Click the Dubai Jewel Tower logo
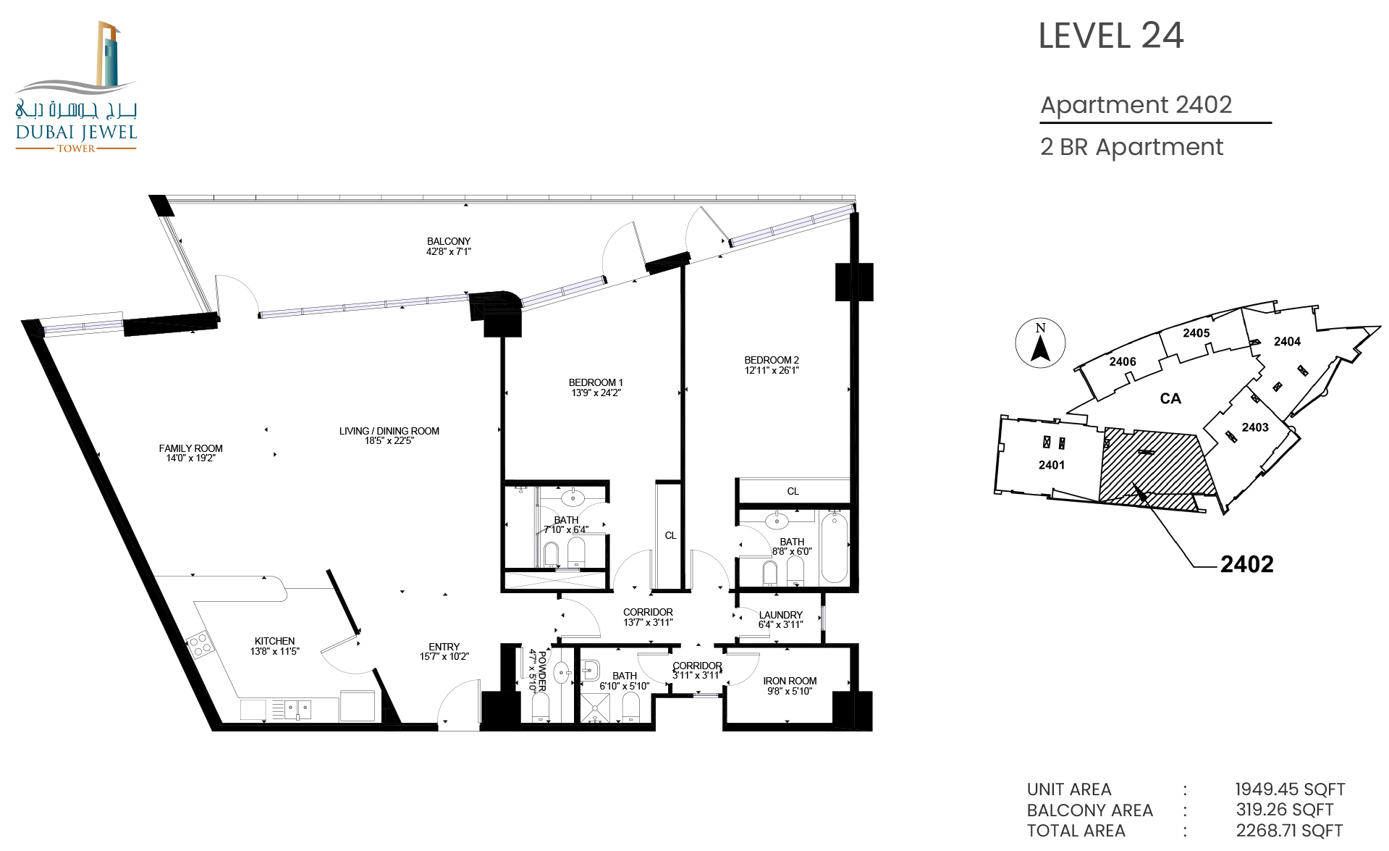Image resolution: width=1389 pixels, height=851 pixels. [x=76, y=87]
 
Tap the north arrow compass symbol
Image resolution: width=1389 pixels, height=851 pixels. [x=1040, y=343]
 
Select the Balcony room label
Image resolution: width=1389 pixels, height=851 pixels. [x=449, y=241]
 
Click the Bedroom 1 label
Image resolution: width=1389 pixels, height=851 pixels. [x=596, y=382]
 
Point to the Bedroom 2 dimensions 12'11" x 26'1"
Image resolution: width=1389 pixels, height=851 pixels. [x=772, y=370]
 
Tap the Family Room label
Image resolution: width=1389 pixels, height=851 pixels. [x=191, y=448]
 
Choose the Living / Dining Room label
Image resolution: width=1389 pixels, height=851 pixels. [x=389, y=431]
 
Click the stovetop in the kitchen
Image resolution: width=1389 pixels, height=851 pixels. [x=199, y=645]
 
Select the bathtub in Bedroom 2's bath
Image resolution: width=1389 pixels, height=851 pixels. [x=835, y=546]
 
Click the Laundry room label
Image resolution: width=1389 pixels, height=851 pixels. [x=780, y=615]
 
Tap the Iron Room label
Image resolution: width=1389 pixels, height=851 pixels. [x=790, y=681]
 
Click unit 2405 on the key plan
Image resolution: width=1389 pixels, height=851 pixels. [x=1196, y=333]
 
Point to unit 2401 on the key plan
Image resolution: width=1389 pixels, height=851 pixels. [x=1052, y=465]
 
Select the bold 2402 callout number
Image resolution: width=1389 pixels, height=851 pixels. [x=1246, y=564]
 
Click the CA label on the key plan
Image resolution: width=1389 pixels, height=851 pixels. [x=1170, y=398]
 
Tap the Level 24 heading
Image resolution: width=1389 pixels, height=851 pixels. [x=1111, y=35]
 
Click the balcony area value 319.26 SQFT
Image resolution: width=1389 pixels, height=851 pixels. [x=1285, y=810]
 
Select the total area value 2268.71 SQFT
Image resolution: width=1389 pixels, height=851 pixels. [x=1289, y=831]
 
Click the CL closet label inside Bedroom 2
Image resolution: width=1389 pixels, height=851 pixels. [x=793, y=491]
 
